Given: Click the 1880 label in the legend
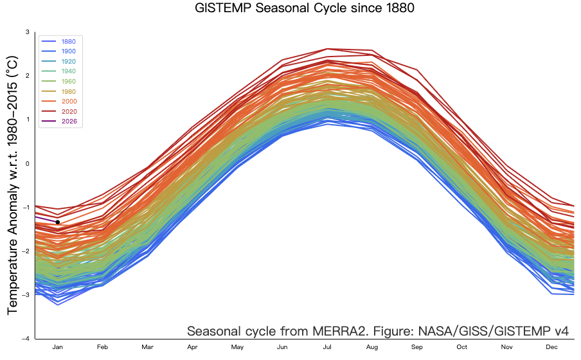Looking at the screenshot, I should (69, 42).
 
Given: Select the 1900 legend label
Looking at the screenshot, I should (69, 51).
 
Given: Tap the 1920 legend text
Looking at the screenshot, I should (69, 62).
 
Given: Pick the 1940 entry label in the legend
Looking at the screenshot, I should (69, 71).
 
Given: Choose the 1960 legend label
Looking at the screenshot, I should (69, 82).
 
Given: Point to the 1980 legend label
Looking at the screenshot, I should (69, 91).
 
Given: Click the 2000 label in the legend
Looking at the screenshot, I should (69, 102).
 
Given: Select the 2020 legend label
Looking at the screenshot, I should (69, 111).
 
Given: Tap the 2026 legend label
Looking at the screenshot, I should (69, 122).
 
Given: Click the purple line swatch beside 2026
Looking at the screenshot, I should (48, 122).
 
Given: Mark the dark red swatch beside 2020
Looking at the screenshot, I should (48, 111).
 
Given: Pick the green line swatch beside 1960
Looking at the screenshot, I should (48, 82).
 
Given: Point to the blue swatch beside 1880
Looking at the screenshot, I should (48, 42).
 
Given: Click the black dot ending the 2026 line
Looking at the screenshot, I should (58, 222).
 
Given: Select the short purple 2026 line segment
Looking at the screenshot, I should (46, 219).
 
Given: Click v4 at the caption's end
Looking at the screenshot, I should (561, 332).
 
